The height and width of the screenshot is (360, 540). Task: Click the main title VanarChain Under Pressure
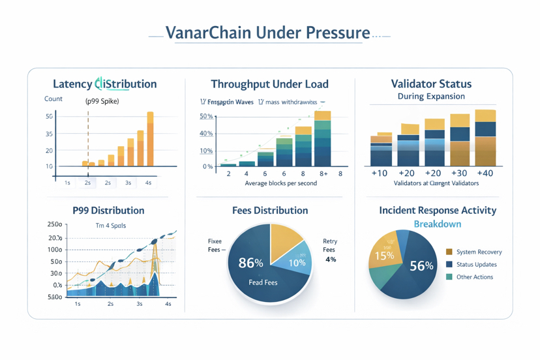[268, 33]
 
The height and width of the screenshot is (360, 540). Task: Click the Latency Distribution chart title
[104, 84]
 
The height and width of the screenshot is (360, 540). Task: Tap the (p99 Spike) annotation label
[102, 101]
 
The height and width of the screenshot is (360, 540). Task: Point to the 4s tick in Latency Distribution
[149, 183]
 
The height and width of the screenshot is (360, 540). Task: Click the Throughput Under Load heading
[269, 84]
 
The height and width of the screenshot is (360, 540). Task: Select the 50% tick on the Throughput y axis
[206, 116]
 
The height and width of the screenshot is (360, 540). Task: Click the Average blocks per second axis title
[280, 183]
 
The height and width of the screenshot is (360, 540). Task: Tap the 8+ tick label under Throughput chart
[323, 174]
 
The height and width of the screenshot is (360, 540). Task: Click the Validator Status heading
[431, 84]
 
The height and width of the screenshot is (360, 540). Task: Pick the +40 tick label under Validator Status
[485, 173]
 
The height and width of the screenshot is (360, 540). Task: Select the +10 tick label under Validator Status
[379, 173]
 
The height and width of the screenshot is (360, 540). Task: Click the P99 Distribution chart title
[109, 211]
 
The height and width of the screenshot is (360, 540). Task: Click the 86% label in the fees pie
[250, 263]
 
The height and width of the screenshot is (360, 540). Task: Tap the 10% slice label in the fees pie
[297, 263]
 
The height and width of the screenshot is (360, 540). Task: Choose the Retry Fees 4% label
[330, 250]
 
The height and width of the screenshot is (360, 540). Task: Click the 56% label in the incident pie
[421, 266]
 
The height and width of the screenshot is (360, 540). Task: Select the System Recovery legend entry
[479, 252]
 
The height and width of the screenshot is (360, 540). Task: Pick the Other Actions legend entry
[474, 277]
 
